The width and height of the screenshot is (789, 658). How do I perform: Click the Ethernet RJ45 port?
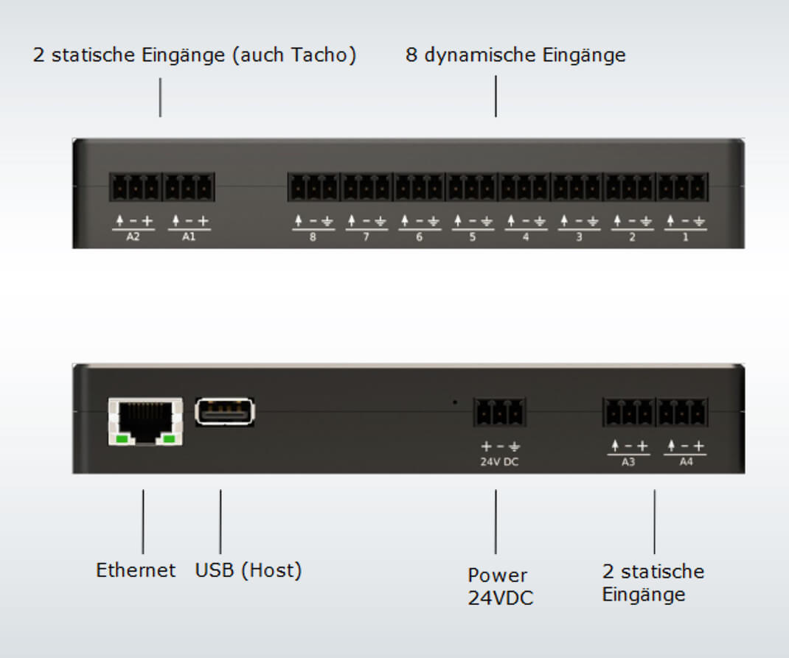(x=145, y=421)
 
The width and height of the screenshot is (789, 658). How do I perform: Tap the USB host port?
(x=225, y=412)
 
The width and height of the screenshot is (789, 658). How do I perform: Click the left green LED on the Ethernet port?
(x=122, y=439)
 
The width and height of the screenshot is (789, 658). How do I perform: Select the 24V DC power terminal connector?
(x=500, y=412)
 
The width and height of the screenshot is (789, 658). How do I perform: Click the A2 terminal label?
(x=133, y=237)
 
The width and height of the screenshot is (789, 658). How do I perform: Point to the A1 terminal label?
(x=189, y=237)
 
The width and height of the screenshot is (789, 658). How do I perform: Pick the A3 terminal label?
(x=628, y=462)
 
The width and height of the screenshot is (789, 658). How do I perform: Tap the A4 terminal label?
(x=687, y=462)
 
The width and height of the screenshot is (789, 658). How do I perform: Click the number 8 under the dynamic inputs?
(x=313, y=237)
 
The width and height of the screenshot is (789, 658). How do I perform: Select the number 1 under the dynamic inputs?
(x=685, y=237)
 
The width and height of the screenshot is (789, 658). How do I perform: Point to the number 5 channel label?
(x=473, y=237)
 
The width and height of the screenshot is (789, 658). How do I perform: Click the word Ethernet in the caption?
(x=136, y=570)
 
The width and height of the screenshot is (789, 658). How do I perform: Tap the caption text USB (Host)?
(x=248, y=570)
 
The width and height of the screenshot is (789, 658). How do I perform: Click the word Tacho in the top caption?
(x=319, y=55)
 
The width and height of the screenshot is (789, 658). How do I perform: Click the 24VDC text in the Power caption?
(x=501, y=598)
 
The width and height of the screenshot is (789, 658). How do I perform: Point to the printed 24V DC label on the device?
(x=499, y=462)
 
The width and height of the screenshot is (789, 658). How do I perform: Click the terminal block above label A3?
(x=629, y=412)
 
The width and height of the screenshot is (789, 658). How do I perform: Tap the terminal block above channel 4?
(x=524, y=187)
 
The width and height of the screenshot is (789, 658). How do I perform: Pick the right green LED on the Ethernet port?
(x=170, y=439)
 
